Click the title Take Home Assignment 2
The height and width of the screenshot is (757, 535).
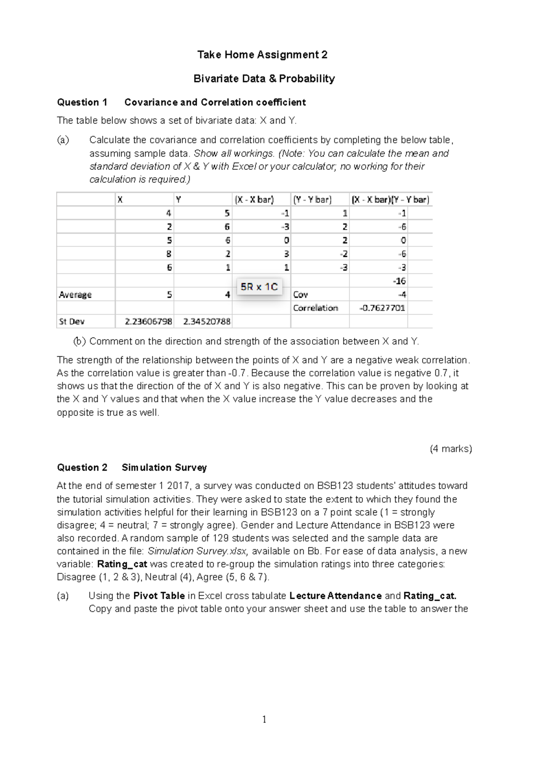coord(262,55)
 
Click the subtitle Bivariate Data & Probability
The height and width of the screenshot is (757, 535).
coord(264,79)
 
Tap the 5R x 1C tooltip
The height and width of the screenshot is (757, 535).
coord(259,287)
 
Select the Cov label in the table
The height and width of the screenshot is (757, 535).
coord(300,295)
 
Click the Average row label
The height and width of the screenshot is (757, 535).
coord(75,295)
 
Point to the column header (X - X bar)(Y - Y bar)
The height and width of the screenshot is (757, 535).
coord(391,200)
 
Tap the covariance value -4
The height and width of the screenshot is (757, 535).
coord(402,295)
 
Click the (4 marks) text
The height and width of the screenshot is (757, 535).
coord(451,449)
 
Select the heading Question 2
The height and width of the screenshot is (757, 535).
coord(82,468)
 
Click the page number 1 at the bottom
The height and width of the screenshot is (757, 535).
coord(264,719)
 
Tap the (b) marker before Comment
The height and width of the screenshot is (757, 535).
coord(79,342)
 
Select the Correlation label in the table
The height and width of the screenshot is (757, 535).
coord(316,308)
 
